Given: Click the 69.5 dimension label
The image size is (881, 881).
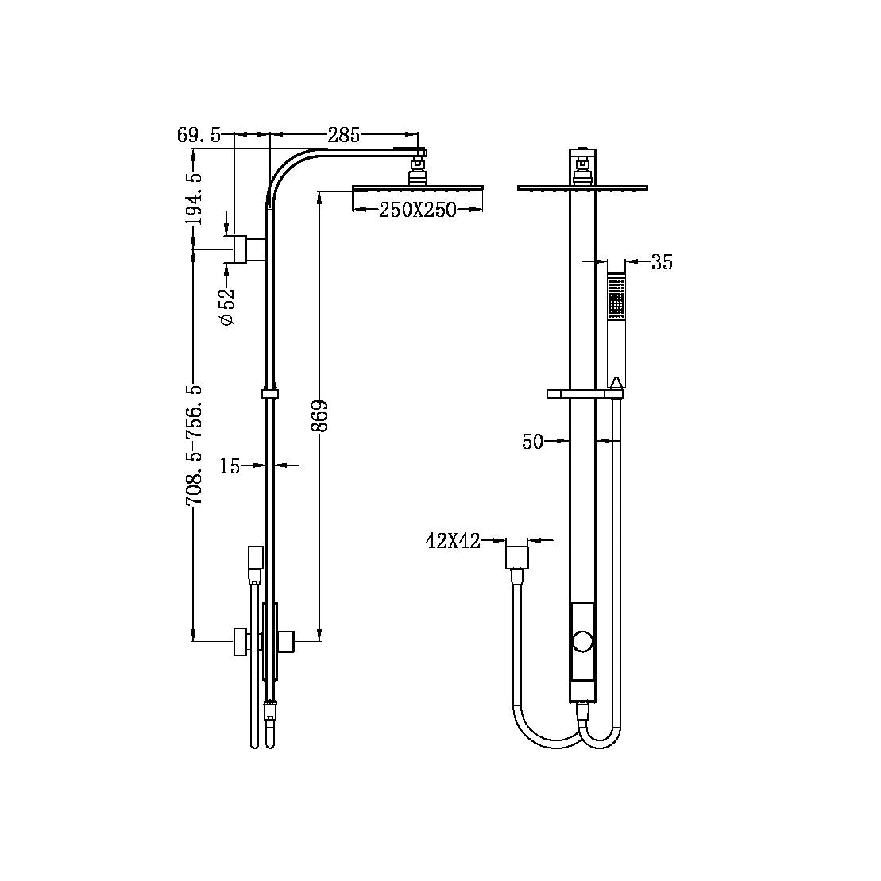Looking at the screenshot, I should pos(199,135).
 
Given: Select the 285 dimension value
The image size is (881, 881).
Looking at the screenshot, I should pos(343,135).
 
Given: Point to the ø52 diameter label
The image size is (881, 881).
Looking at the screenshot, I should pos(227,306).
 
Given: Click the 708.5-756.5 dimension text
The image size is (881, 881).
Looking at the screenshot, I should pos(194,445).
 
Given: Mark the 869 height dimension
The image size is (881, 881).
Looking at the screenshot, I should pos(319,415).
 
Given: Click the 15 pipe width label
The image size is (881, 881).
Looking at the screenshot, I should pos(230,466).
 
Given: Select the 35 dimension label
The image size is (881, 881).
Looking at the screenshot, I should pos(661,262).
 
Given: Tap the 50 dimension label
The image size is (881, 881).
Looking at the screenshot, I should pos(532,442).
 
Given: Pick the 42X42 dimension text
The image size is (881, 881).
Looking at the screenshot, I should pos(453,542).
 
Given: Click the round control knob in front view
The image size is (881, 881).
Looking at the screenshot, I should pos(583,641).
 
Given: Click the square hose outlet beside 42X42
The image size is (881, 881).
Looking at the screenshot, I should pos(517,556).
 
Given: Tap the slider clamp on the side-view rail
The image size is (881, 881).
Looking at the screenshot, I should pos(270,392).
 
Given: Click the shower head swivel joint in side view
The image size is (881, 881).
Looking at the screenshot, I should pos(417,171).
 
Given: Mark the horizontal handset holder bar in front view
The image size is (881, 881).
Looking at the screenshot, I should pos(585,393).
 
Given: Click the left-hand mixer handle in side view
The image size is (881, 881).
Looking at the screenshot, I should pos(239,641).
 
